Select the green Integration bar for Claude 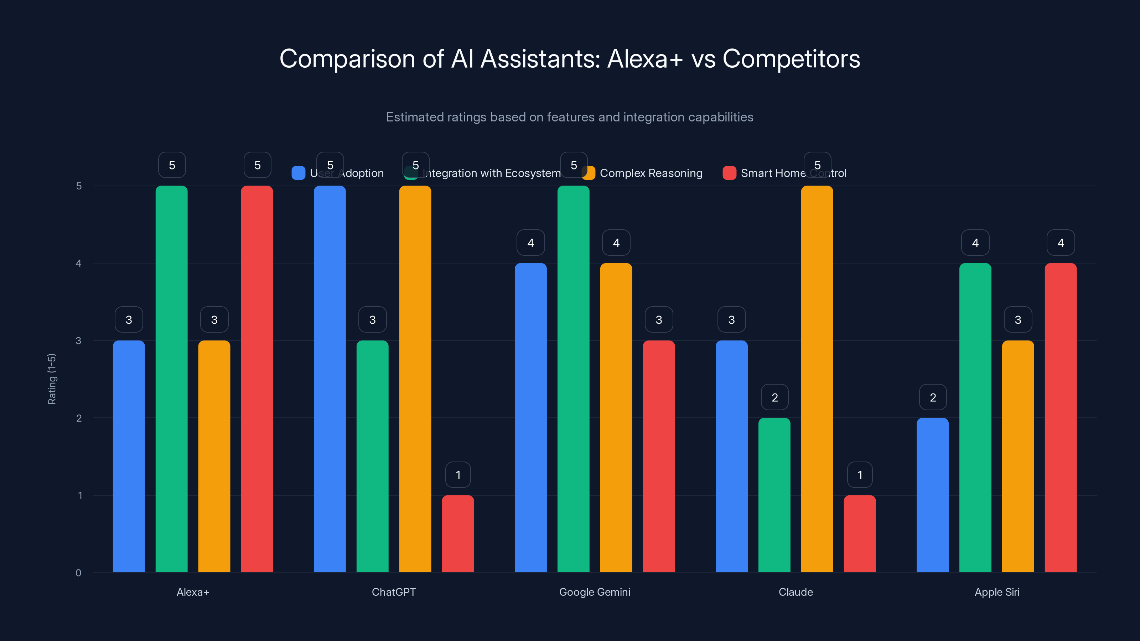pyautogui.click(x=774, y=495)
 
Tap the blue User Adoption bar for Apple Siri pyautogui.click(x=932, y=495)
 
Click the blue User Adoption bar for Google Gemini pyautogui.click(x=530, y=418)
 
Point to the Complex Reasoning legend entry pyautogui.click(x=651, y=173)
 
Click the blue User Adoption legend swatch pyautogui.click(x=298, y=173)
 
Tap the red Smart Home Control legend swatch pyautogui.click(x=729, y=173)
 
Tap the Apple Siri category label pyautogui.click(x=997, y=592)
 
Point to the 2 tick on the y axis pyautogui.click(x=79, y=418)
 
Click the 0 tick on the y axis pyautogui.click(x=78, y=573)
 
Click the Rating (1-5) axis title pyautogui.click(x=52, y=379)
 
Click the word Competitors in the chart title pyautogui.click(x=791, y=58)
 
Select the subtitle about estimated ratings pyautogui.click(x=570, y=117)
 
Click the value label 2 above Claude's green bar pyautogui.click(x=774, y=397)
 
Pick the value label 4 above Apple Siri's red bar pyautogui.click(x=1060, y=243)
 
